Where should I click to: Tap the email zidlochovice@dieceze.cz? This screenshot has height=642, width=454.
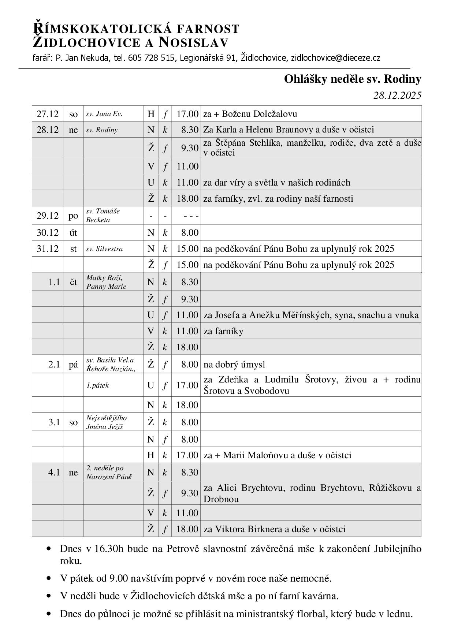[x=335, y=58]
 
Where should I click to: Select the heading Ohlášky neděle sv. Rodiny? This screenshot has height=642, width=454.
[x=352, y=79]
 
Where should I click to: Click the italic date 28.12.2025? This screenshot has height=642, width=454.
[x=397, y=96]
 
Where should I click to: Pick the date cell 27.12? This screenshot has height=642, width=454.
[x=48, y=114]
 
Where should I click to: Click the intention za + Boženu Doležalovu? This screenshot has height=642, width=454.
[x=250, y=114]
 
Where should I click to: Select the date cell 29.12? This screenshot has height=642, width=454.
[x=48, y=216]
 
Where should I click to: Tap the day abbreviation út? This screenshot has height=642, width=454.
[x=73, y=233]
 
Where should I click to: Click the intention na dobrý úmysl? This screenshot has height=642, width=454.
[x=234, y=364]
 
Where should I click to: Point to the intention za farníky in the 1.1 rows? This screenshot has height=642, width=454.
[x=223, y=331]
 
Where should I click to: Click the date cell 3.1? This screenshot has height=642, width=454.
[x=54, y=422]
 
